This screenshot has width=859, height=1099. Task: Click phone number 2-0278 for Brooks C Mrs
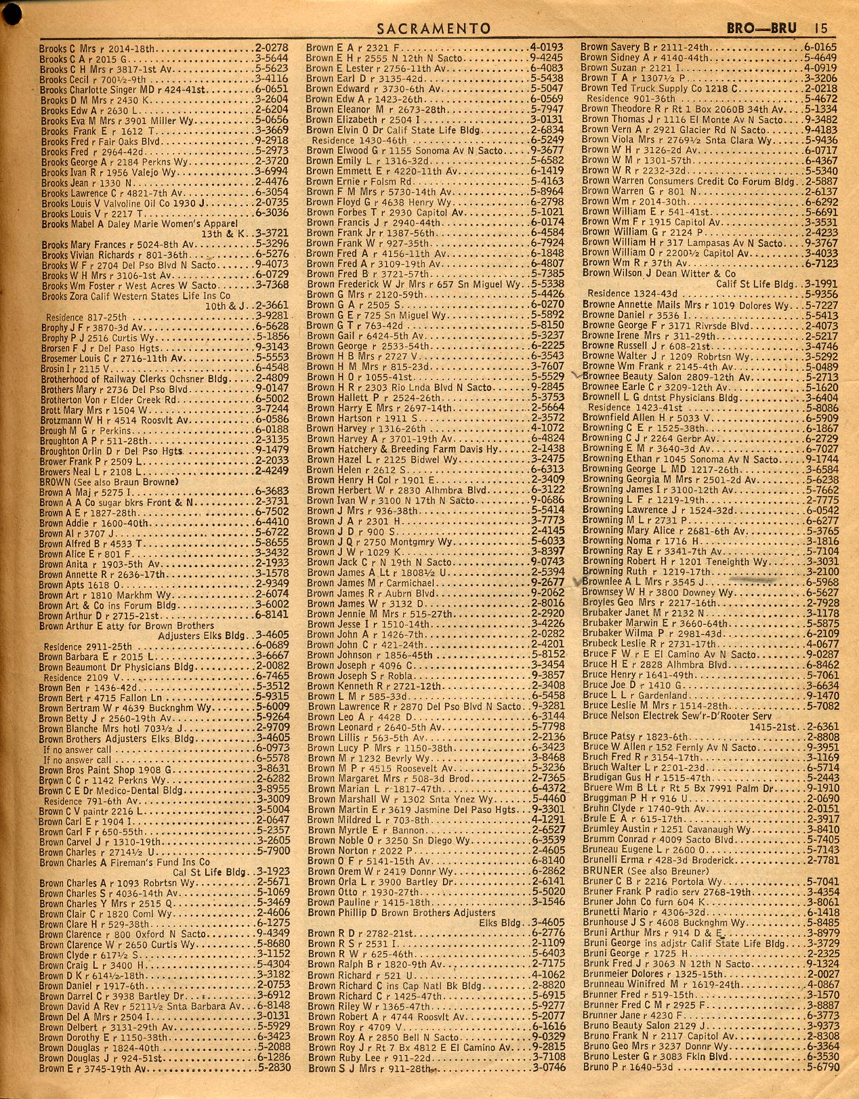272,49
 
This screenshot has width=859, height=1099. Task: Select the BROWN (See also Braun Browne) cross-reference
108,482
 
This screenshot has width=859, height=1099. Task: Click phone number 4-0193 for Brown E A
547,48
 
